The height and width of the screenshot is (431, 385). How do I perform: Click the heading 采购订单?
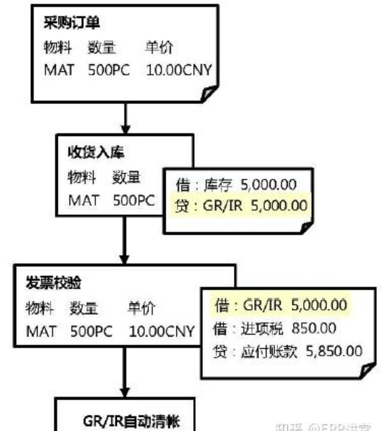coord(72,24)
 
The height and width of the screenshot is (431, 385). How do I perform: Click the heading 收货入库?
coord(96,153)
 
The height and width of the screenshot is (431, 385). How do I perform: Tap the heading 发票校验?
coord(54,283)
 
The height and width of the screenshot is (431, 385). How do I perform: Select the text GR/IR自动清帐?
coord(131,421)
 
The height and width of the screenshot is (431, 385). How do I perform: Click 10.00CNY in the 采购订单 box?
coord(179,70)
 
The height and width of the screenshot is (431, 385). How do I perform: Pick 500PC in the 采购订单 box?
coord(109,70)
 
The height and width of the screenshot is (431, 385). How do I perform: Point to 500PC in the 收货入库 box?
coord(134,200)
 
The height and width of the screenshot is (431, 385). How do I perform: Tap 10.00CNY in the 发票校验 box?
coord(162,331)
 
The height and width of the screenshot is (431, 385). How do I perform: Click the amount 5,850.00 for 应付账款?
coord(334,351)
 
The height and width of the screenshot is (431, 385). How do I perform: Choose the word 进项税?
coord(262,328)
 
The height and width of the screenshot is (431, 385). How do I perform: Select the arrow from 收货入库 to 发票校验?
coord(124,241)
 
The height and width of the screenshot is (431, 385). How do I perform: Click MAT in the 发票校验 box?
coord(41,331)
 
